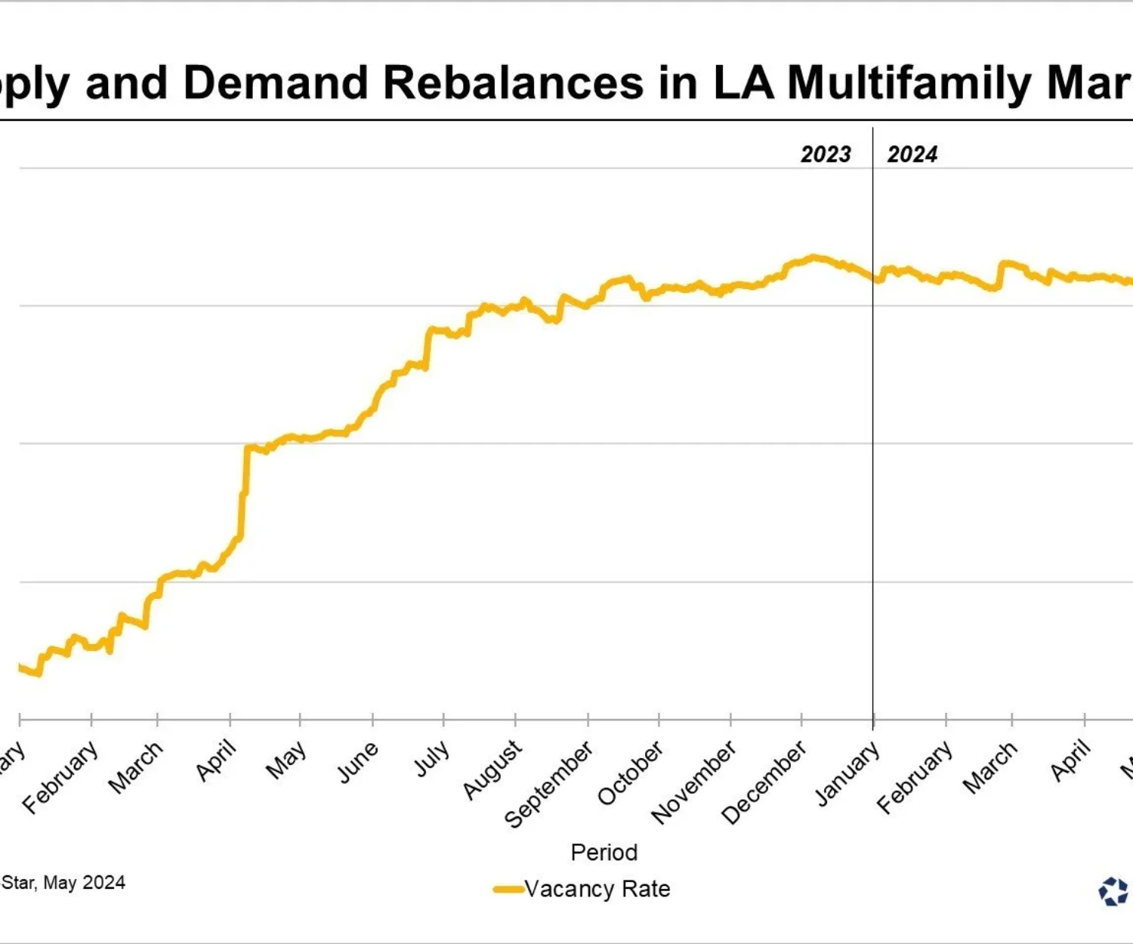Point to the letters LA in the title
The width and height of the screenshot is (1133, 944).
tap(743, 82)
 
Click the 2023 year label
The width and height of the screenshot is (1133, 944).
tap(826, 154)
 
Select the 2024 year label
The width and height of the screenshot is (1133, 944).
tap(912, 154)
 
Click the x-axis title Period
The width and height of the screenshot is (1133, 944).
tap(604, 852)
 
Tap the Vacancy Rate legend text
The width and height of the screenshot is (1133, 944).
tap(597, 889)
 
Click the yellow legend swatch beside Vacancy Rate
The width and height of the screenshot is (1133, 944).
tap(508, 889)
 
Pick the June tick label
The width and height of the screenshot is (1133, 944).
tap(357, 763)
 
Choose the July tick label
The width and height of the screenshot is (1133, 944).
tap(431, 759)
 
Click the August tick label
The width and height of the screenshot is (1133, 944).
tap(492, 770)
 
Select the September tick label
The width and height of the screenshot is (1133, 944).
tap(548, 785)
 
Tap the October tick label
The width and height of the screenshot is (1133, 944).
tap(630, 773)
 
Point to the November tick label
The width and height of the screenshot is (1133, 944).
tap(693, 782)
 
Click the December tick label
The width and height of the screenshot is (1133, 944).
tap(764, 782)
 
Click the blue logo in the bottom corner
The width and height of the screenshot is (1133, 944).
tap(1113, 891)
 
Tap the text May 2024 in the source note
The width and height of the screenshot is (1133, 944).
tap(84, 882)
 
